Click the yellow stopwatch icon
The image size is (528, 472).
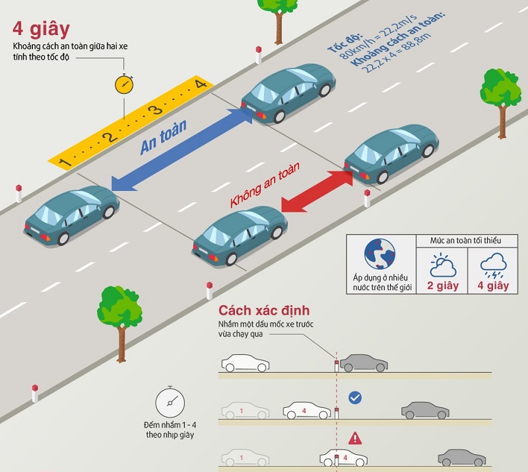124,84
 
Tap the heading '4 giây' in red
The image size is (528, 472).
41,30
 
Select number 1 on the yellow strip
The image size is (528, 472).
64,162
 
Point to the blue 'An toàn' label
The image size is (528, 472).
164,137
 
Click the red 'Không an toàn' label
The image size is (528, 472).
265,185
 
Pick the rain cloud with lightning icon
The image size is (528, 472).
492,265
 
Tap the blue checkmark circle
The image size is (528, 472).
355,397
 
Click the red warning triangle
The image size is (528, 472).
355,438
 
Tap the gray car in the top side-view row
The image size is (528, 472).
362,363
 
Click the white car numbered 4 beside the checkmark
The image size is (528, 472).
307,411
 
